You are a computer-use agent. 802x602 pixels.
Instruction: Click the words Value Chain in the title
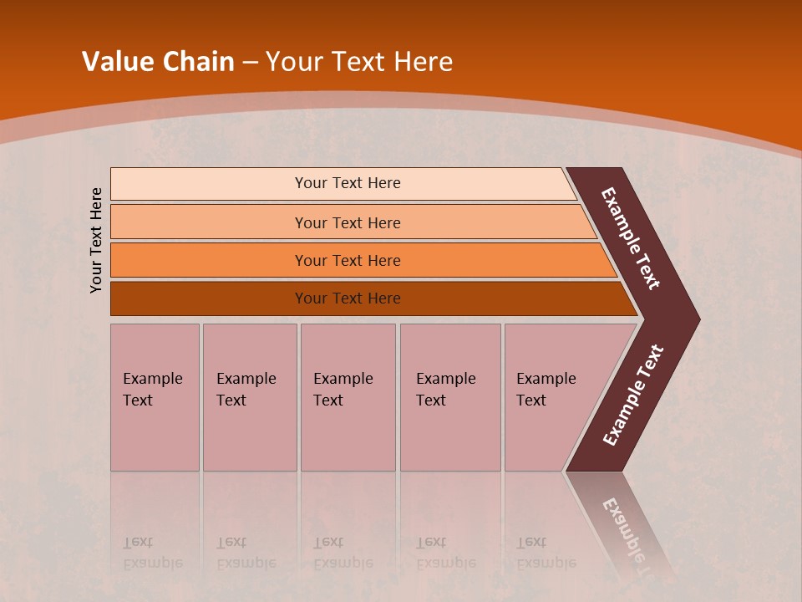coord(158,62)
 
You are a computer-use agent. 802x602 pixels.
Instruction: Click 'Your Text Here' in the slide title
coord(359,62)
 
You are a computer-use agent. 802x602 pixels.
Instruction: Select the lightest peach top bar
coord(209,184)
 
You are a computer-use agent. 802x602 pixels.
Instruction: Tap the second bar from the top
coord(209,222)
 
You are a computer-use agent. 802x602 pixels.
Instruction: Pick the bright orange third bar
coord(209,260)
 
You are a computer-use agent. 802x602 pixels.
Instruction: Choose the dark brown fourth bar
coord(209,298)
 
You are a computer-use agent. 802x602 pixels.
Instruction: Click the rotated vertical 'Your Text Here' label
coord(96,240)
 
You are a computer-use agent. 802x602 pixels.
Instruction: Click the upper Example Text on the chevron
coord(631,238)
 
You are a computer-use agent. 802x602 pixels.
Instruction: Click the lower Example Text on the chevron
coord(633,395)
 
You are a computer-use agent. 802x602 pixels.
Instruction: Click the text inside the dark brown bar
coord(348,298)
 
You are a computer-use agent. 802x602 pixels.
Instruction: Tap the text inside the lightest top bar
coord(348,183)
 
